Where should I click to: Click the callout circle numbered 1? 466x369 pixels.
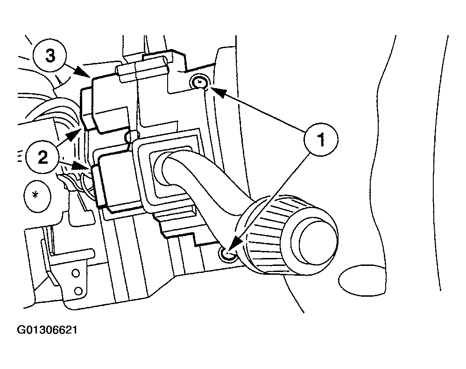321,140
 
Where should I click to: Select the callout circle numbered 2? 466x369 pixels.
43,157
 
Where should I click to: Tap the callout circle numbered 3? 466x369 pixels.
50,56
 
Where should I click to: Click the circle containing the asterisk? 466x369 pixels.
37,195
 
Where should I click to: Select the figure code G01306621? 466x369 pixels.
47,330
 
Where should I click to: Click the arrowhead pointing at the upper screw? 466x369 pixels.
217,92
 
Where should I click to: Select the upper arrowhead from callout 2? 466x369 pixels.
73,136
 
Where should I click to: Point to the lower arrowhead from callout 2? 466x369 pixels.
82,166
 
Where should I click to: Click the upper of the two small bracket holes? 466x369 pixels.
76,272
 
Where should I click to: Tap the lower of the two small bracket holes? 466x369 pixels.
78,290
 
